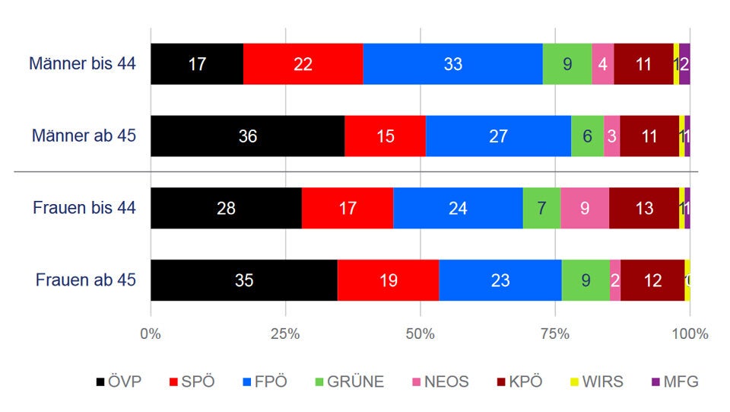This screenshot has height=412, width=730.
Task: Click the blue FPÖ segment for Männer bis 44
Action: pos(452,64)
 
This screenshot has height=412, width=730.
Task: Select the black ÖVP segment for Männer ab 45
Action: pos(247,136)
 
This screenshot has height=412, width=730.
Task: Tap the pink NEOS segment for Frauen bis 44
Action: pos(584,208)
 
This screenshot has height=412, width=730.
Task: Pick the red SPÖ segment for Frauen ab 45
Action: pos(388,280)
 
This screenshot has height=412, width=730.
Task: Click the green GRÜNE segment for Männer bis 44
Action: pos(567,64)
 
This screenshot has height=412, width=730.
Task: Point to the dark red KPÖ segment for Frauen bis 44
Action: pos(643,208)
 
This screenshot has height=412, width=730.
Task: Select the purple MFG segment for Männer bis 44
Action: pos(684,64)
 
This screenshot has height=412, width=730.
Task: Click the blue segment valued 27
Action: pos(498,136)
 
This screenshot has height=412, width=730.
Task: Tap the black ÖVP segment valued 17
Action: pos(197,64)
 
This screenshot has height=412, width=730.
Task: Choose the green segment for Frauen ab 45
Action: pos(586,280)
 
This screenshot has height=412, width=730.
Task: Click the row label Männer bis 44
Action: pos(82,64)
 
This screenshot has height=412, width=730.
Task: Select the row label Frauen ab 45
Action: pos(85,280)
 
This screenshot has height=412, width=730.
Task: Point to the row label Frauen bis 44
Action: pos(84,208)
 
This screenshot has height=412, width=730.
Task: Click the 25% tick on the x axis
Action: pos(285,334)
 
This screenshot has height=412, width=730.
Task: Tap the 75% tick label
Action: pos(555,334)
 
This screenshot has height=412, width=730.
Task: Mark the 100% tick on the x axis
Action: pos(690,334)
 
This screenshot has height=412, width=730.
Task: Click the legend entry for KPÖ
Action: pos(521,382)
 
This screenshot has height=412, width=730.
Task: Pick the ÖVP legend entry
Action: pos(120,382)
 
